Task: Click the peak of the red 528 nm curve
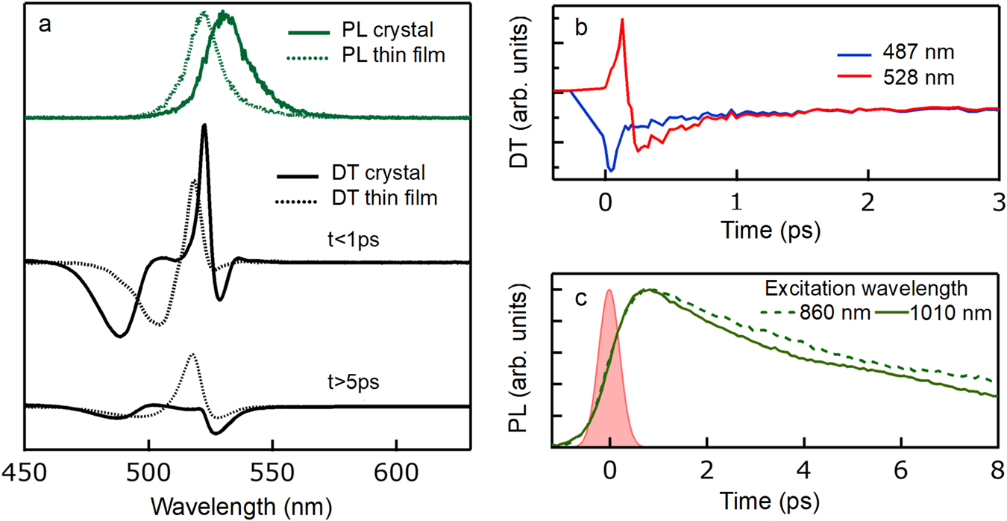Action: tap(622, 20)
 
